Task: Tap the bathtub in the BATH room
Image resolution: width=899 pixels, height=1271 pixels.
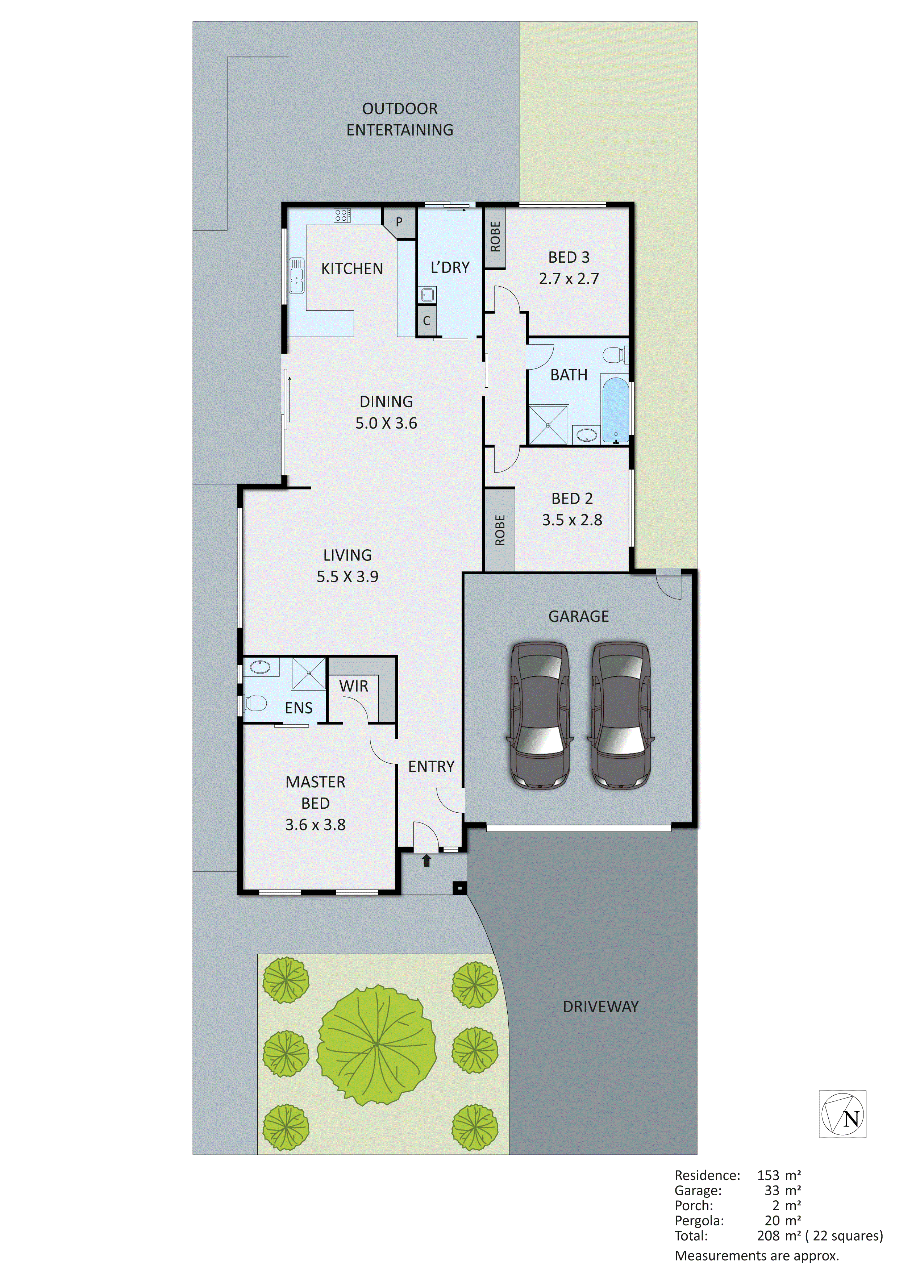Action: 615,410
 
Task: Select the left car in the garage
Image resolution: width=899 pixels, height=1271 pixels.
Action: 540,714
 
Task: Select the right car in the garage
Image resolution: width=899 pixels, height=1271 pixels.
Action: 621,714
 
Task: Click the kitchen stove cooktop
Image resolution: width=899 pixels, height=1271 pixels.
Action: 342,215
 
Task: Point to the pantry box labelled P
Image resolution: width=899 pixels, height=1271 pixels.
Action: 399,222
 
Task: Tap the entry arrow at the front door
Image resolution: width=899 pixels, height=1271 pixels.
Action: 426,861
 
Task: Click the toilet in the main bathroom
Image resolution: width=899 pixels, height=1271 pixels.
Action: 615,354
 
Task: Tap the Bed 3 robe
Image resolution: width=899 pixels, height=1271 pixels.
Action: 495,237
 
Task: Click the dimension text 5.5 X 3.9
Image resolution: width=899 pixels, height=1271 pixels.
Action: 347,577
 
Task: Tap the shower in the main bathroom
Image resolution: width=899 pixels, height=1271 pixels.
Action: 548,425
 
